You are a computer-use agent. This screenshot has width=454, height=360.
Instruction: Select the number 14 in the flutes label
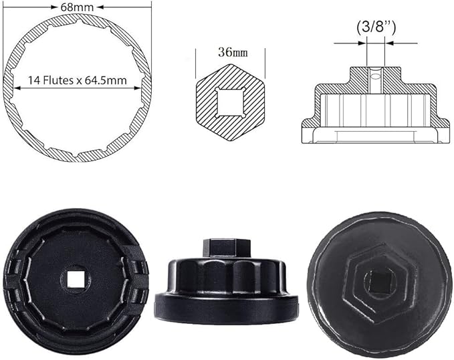point(33,80)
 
